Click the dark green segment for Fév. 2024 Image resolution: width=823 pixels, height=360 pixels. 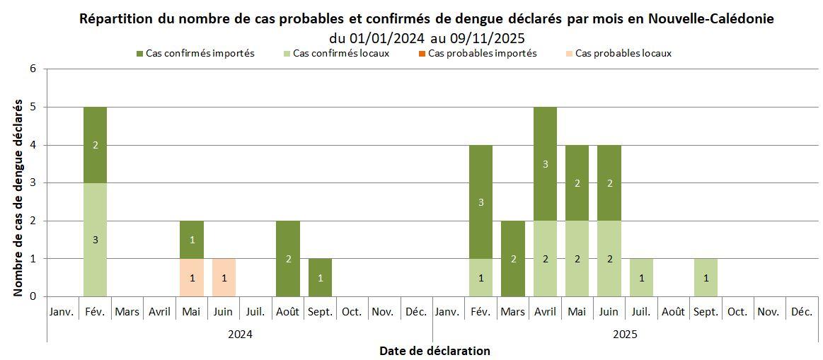pyautogui.click(x=95, y=145)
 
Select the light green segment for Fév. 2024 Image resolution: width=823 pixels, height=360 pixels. pyautogui.click(x=95, y=239)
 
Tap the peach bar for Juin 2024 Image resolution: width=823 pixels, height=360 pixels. pyautogui.click(x=224, y=277)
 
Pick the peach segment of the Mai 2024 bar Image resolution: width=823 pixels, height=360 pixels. pyautogui.click(x=191, y=277)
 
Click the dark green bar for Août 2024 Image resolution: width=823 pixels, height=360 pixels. pyautogui.click(x=288, y=258)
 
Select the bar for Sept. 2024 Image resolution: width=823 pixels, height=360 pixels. pyautogui.click(x=320, y=277)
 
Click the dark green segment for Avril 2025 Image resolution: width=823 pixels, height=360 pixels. pyautogui.click(x=545, y=163)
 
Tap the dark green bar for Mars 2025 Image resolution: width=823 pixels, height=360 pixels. pyautogui.click(x=512, y=258)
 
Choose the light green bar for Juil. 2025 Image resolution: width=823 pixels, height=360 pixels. pyautogui.click(x=641, y=277)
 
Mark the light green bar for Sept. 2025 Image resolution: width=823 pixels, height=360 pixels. pyautogui.click(x=706, y=277)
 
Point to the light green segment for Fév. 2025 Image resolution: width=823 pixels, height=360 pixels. pyautogui.click(x=480, y=277)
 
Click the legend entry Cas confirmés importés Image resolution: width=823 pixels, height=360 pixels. pyautogui.click(x=200, y=53)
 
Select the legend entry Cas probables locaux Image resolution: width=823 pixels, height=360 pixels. pyautogui.click(x=623, y=53)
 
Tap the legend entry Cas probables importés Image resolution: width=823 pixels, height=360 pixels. pyautogui.click(x=482, y=53)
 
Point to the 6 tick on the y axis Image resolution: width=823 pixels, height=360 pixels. pyautogui.click(x=33, y=69)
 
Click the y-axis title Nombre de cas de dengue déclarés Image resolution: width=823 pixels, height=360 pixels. pyautogui.click(x=18, y=197)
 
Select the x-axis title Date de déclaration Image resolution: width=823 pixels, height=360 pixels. pyautogui.click(x=434, y=351)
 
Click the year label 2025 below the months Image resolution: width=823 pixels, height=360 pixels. pyautogui.click(x=625, y=333)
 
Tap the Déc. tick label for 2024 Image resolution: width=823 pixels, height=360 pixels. pyautogui.click(x=415, y=312)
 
